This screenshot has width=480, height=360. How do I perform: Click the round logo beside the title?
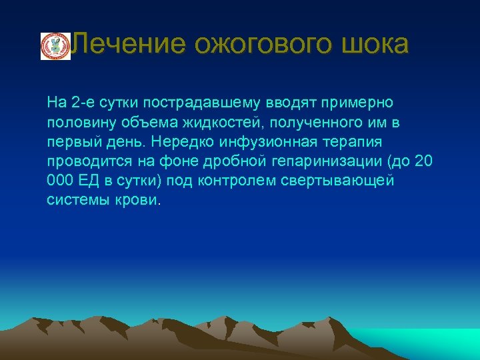(55, 46)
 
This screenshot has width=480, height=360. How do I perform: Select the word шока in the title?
(382, 45)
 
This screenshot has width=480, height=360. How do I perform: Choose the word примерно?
(357, 103)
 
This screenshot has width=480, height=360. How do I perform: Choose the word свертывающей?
(343, 181)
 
